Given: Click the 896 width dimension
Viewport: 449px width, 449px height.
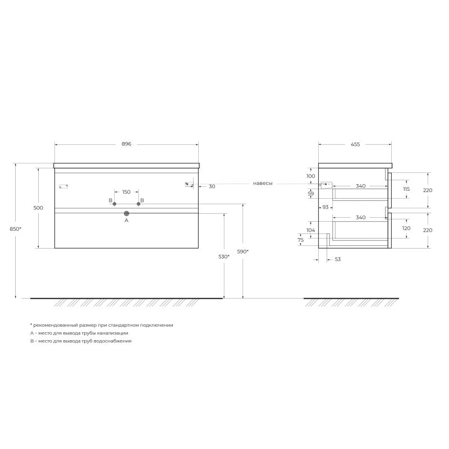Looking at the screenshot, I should (126, 144).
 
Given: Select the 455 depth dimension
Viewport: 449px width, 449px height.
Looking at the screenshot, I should (355, 144).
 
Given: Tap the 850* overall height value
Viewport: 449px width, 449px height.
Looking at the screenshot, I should (16, 228).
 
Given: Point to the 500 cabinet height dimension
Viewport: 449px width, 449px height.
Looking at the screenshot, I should (38, 208).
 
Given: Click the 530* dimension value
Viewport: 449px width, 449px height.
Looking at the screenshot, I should (224, 256).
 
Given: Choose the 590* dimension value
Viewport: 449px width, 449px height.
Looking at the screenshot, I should (243, 251).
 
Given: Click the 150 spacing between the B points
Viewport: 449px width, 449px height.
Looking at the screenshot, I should (126, 192).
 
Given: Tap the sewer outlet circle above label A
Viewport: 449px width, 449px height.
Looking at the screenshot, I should (126, 213).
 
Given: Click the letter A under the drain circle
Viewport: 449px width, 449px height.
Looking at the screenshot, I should (126, 221).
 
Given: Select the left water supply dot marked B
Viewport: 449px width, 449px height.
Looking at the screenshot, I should (114, 204).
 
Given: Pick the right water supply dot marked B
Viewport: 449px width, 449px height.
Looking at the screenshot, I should (138, 204).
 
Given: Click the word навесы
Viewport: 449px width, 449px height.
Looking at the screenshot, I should (263, 184).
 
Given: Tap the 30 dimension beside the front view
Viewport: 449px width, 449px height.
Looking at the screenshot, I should (212, 186).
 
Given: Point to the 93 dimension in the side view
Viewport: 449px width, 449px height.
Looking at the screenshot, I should (326, 207).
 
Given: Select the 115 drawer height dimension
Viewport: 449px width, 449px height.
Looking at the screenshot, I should (406, 189).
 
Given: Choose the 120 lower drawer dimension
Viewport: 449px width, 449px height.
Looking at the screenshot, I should (406, 228).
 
